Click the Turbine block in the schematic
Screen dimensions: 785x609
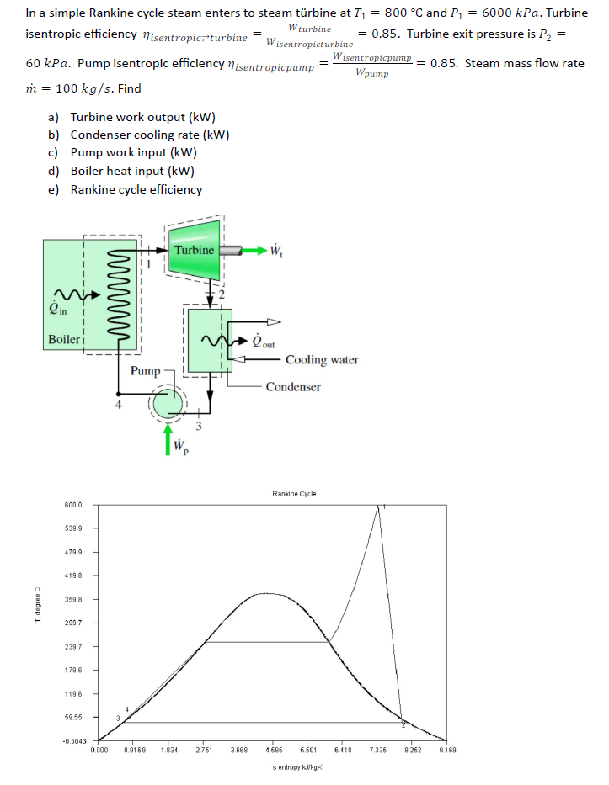195,250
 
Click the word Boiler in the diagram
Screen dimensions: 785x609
63,340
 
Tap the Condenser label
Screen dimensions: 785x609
293,387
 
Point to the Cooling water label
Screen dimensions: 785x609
322,360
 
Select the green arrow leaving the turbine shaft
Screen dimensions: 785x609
253,250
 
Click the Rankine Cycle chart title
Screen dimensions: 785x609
294,494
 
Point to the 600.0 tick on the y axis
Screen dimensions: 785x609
72,505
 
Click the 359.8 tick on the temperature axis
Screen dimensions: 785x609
72,599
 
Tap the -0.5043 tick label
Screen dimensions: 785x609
71,740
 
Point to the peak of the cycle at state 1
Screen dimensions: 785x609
378,507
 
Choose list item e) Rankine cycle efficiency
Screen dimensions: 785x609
136,189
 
